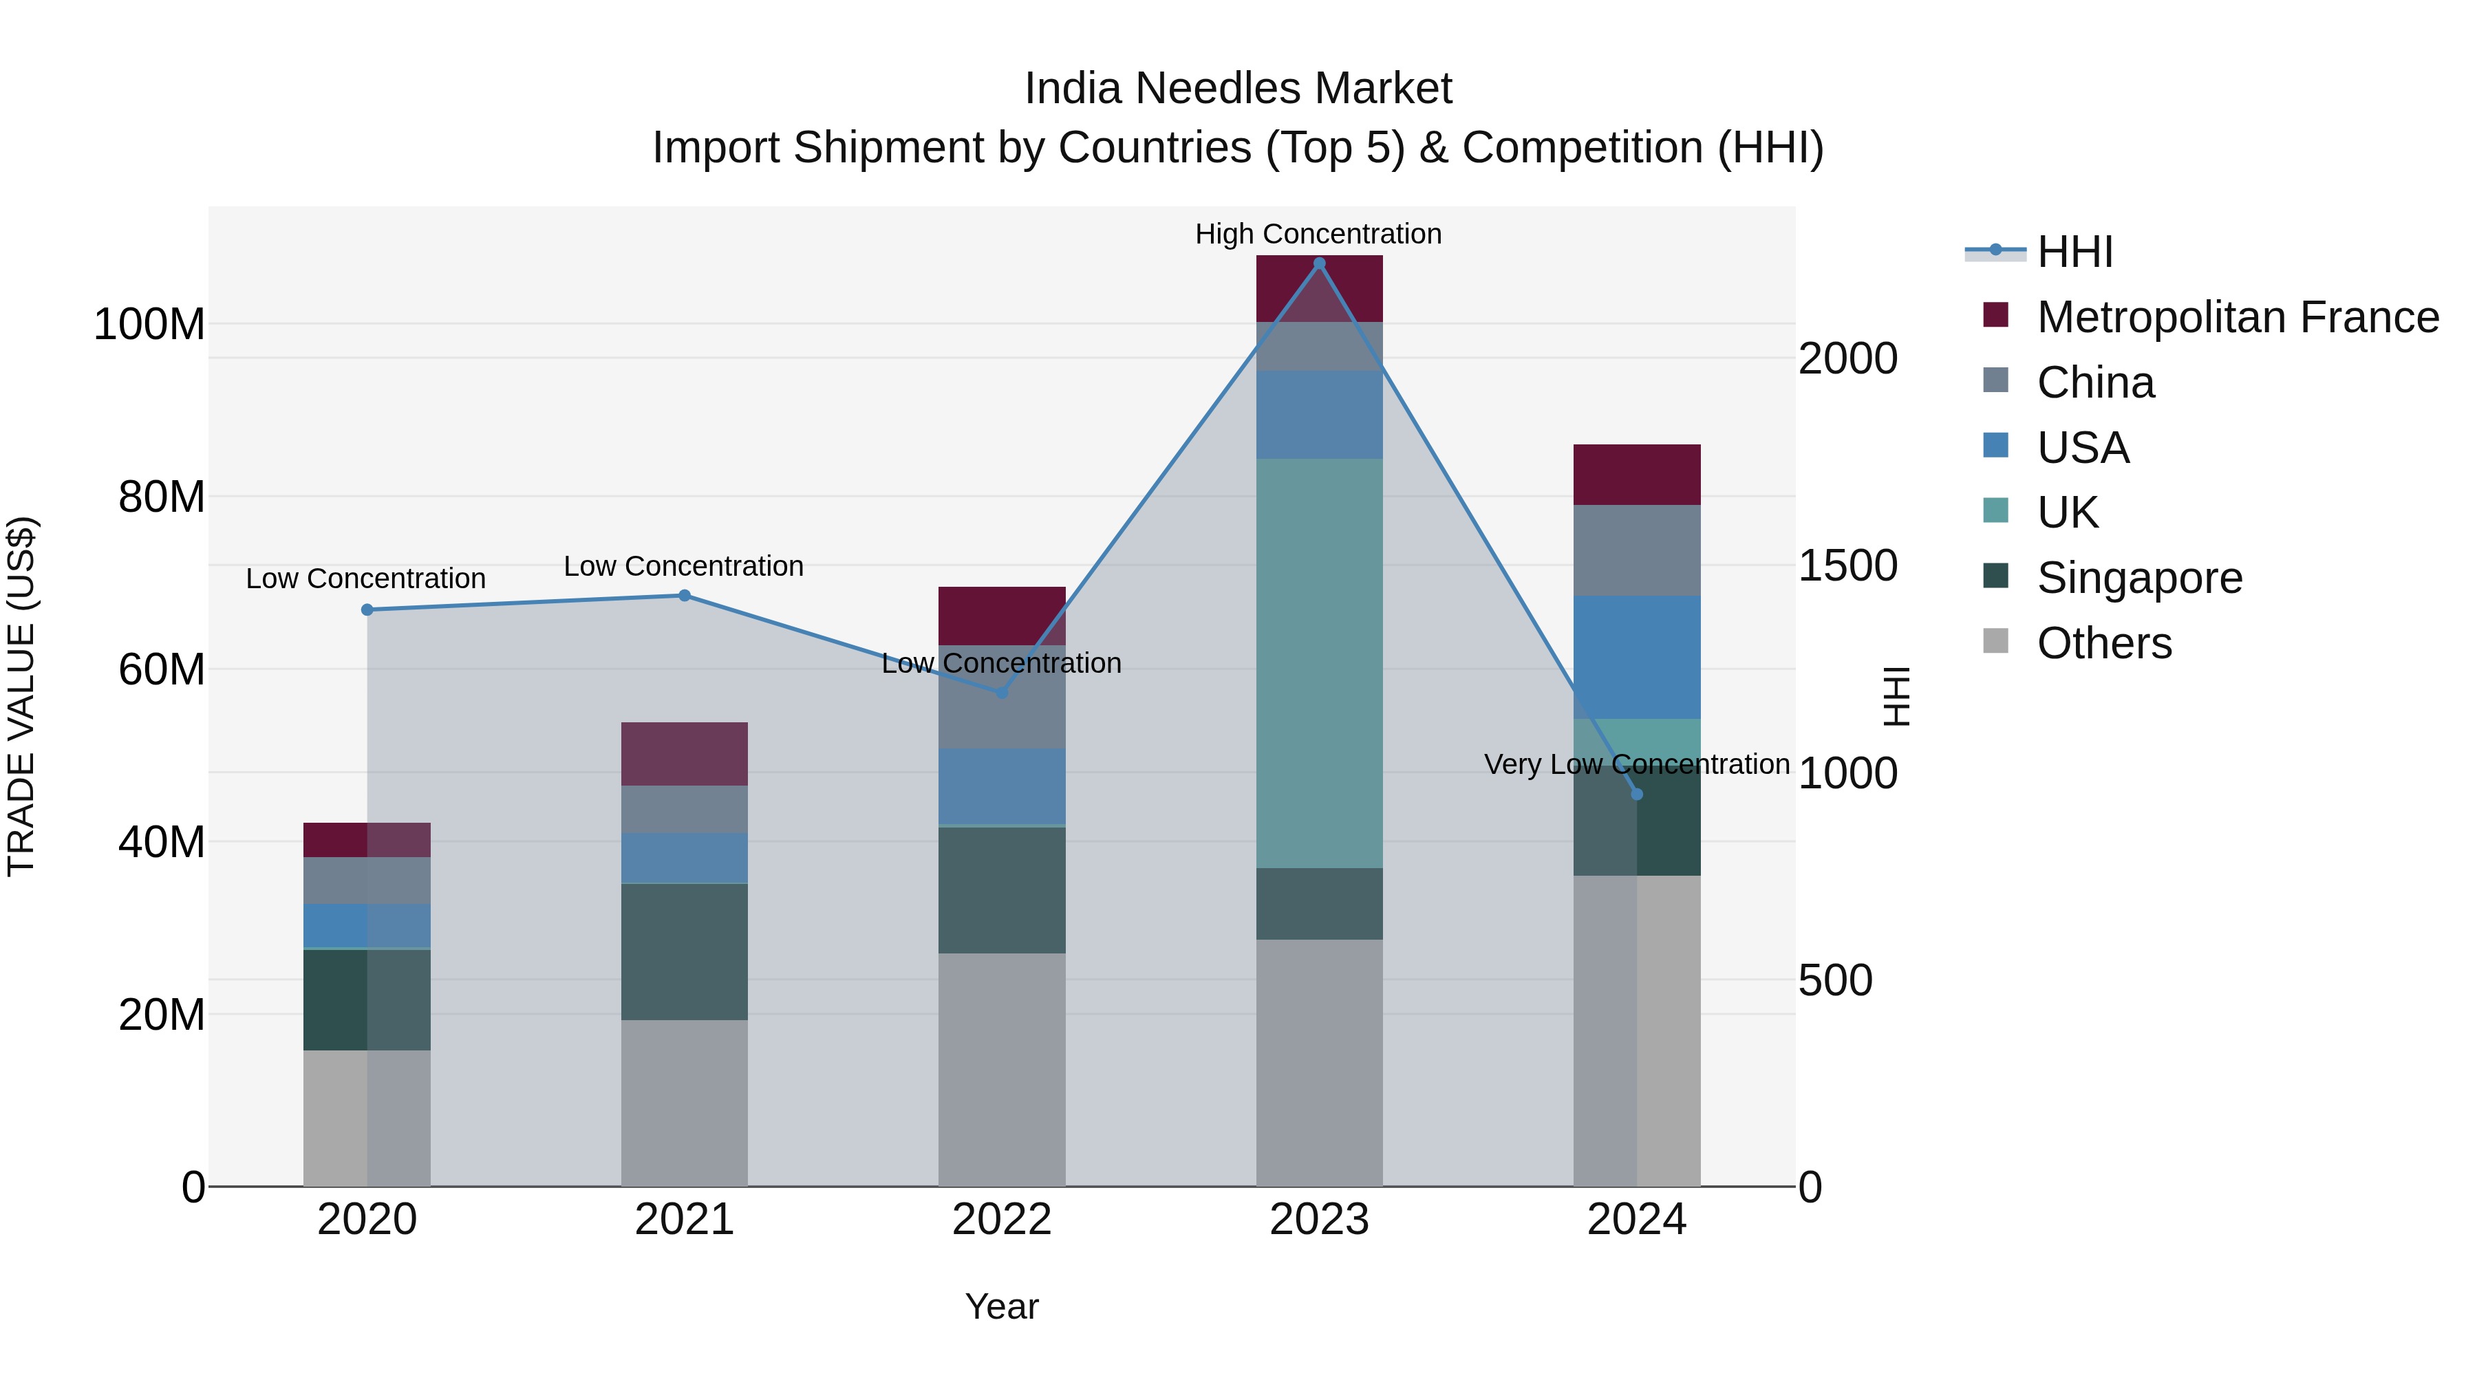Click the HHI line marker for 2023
(1319, 263)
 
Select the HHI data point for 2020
(367, 609)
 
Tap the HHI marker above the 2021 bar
(685, 595)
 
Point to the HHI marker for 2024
(1637, 794)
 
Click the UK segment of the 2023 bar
(1319, 663)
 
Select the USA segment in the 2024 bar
(1637, 657)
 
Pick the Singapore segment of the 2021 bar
(685, 952)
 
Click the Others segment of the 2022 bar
(1002, 1069)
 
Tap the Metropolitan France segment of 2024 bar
(1637, 475)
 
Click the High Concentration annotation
(1318, 234)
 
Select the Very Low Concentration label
(1637, 764)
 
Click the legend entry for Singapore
(2138, 578)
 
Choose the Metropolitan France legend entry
(2237, 317)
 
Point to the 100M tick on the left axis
(149, 325)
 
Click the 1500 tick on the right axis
(1847, 566)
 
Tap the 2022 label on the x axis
(1002, 1220)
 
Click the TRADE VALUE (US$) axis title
(21, 696)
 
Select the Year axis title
(1002, 1306)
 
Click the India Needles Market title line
(1238, 89)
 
